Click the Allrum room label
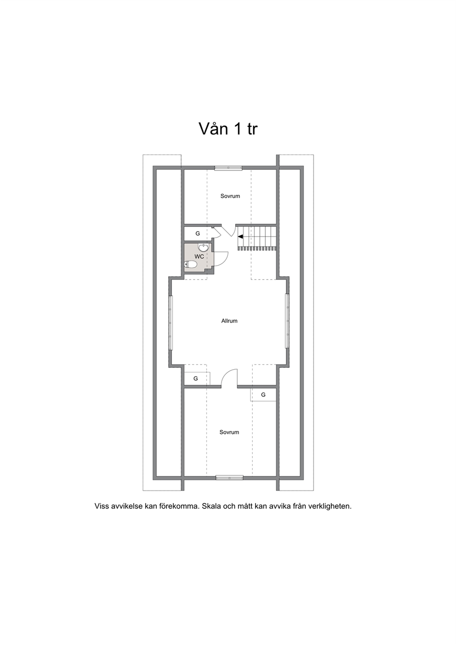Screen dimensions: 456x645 (229, 321)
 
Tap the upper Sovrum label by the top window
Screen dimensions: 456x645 (230, 196)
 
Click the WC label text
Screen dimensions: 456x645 (199, 256)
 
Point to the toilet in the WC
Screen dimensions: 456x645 (190, 264)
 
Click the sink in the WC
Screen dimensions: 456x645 (204, 247)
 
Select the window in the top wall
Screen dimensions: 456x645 (228, 168)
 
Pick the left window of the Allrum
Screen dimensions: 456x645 (171, 323)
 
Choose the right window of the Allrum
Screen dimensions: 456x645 (287, 321)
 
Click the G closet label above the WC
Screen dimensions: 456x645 (198, 234)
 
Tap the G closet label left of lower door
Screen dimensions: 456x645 (195, 378)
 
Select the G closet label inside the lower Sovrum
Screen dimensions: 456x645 (263, 394)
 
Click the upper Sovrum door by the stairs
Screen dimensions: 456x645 (228, 231)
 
